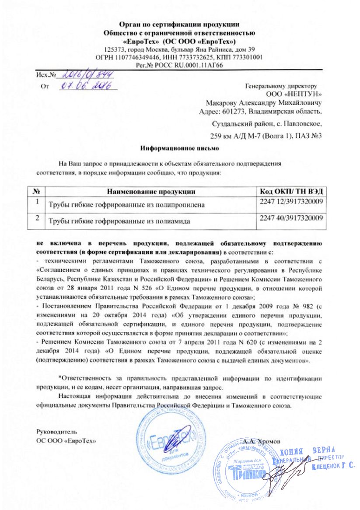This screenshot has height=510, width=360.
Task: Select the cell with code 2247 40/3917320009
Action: pyautogui.click(x=291, y=218)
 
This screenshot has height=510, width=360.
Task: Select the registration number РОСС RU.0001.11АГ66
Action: pyautogui.click(x=179, y=65)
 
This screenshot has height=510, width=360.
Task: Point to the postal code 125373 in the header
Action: pyautogui.click(x=113, y=49)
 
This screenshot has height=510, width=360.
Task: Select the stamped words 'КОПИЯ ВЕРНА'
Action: pyautogui.click(x=308, y=451)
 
